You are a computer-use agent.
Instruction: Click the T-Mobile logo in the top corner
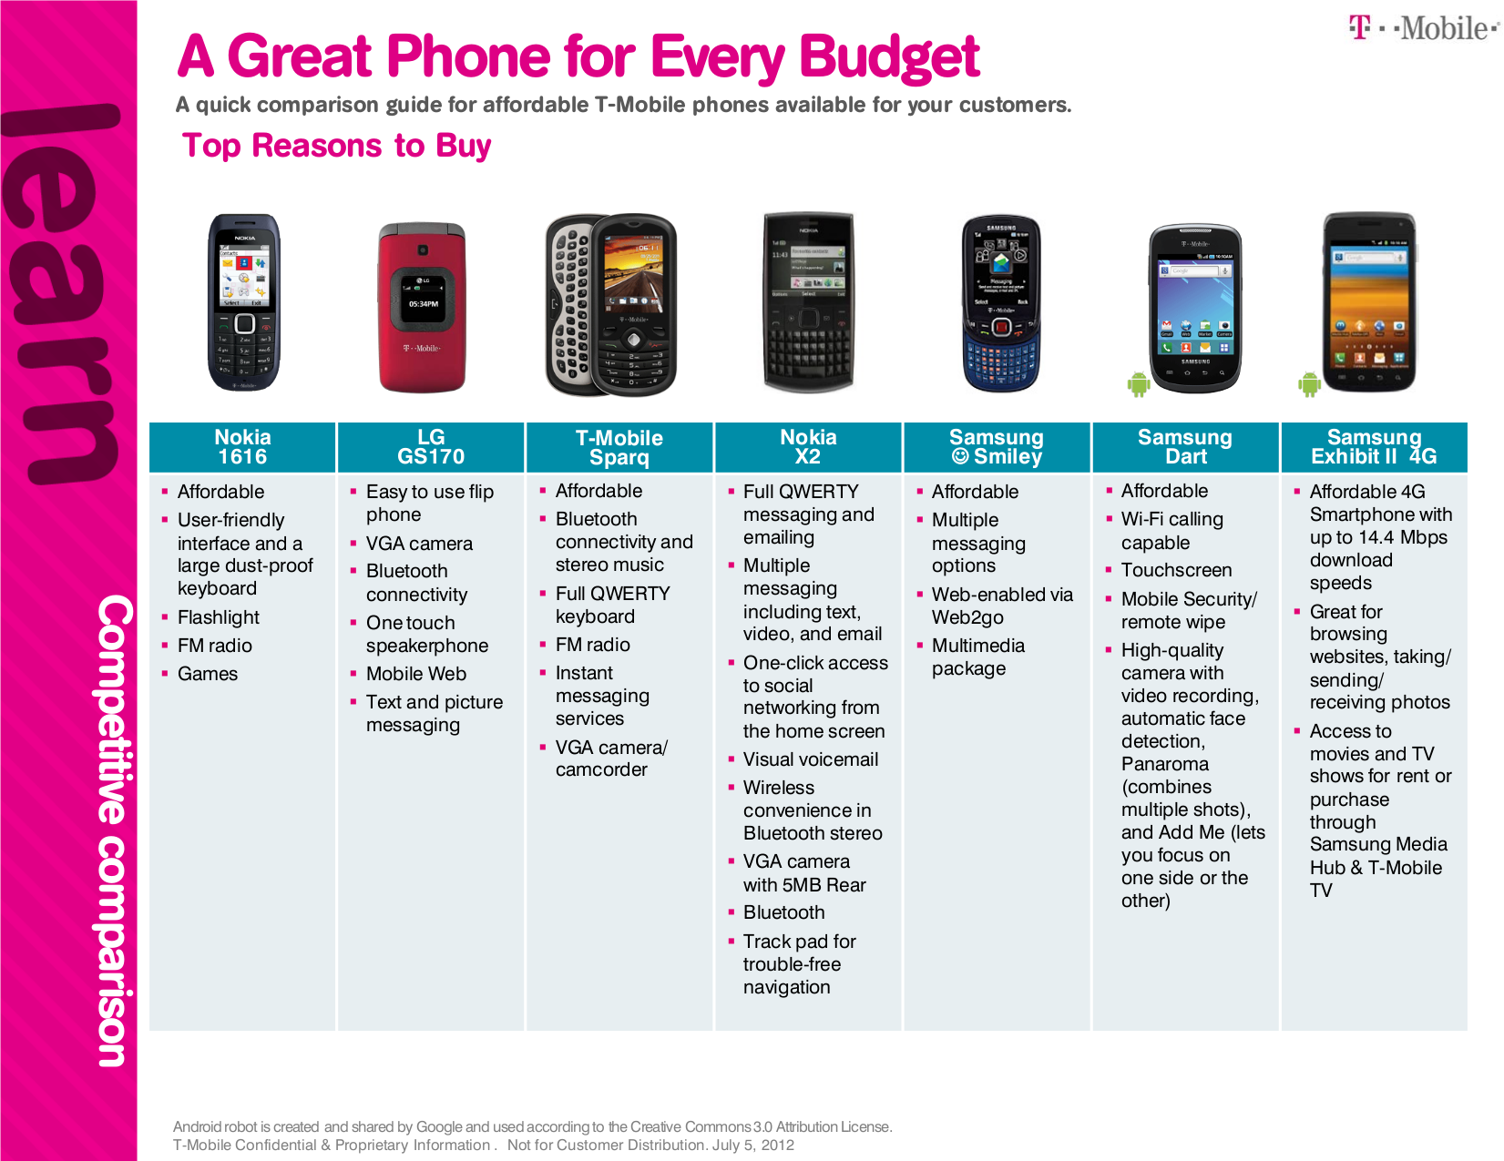1423,28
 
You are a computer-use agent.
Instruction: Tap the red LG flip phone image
422,307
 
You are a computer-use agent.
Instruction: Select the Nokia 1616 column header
242,447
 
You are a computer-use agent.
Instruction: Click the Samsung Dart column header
1184,447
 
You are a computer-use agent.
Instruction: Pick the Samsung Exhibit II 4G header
1373,447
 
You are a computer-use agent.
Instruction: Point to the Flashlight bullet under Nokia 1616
218,617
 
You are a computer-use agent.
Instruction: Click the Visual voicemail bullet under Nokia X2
810,759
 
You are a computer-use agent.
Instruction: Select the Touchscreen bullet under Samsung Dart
1175,570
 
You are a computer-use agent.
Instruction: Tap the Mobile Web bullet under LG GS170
415,674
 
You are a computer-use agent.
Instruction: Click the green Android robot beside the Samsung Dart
1138,384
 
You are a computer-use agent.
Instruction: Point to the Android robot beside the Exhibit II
1309,384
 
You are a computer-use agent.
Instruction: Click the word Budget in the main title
889,56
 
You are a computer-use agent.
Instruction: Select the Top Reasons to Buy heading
336,146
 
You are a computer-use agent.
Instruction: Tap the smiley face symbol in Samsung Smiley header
959,456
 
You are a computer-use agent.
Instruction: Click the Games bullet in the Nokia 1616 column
207,674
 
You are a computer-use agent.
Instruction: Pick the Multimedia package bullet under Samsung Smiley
977,657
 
